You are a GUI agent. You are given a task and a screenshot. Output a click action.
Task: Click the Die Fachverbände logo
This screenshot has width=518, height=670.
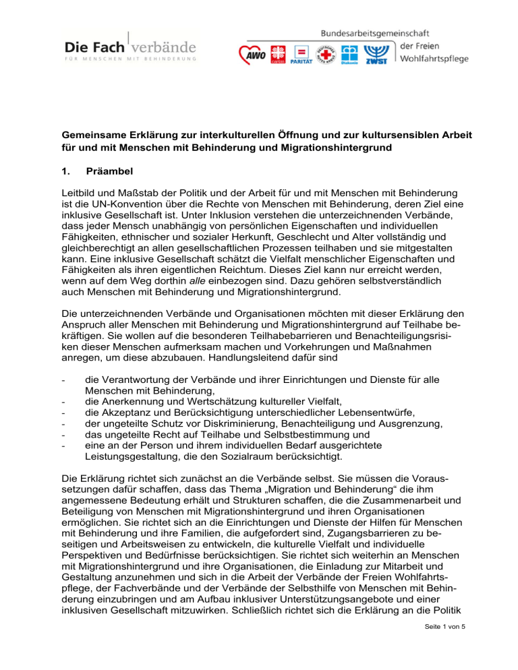pos(130,49)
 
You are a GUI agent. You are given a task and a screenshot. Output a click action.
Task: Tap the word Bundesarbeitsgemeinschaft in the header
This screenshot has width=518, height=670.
pos(376,32)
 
